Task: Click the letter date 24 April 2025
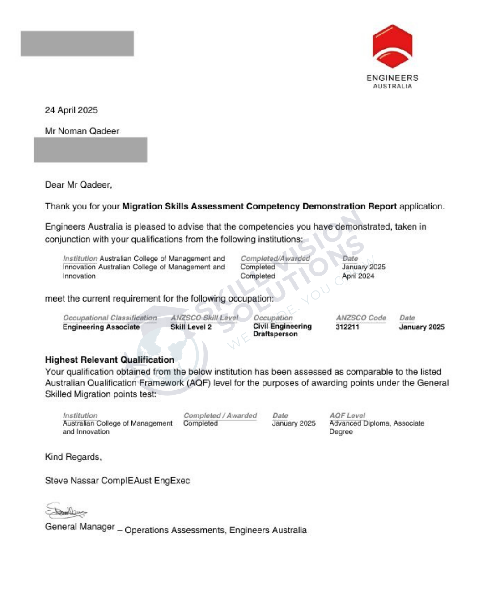click(71, 110)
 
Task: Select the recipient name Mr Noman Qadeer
click(82, 131)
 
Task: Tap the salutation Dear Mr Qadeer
click(78, 185)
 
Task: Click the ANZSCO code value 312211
click(347, 327)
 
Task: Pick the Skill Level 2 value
click(191, 327)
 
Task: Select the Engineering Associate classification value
click(101, 327)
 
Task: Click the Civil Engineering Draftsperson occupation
click(282, 330)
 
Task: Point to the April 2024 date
click(358, 276)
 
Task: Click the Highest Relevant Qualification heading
click(110, 360)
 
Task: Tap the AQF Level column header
click(347, 415)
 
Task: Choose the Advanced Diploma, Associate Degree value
click(377, 427)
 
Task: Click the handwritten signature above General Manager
click(66, 511)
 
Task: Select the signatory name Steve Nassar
click(72, 481)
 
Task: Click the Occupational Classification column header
click(110, 318)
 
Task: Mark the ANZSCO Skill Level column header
click(204, 318)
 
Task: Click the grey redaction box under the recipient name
click(90, 150)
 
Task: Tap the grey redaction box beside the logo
click(77, 44)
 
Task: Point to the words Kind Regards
click(73, 457)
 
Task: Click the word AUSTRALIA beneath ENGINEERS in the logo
click(392, 86)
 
